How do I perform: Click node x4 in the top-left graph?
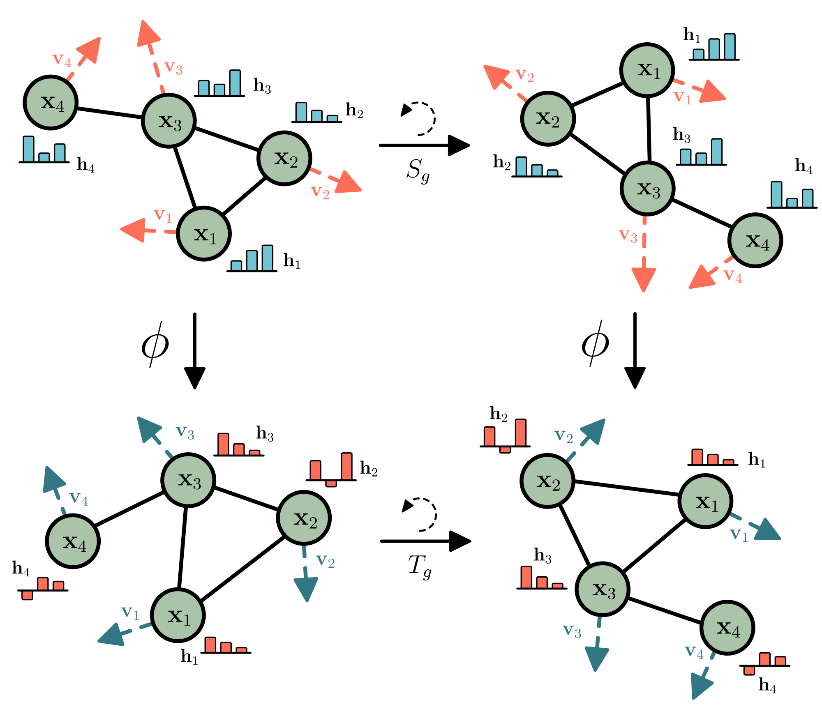[51, 102]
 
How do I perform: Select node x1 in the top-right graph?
[647, 70]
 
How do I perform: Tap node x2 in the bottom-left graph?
[304, 518]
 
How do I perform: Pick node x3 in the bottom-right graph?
[603, 589]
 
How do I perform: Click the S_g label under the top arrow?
[418, 170]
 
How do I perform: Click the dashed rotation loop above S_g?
[421, 117]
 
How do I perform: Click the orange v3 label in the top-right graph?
[628, 236]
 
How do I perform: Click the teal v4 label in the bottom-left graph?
[79, 498]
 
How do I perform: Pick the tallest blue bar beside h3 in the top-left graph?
[235, 83]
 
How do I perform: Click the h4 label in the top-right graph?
[804, 166]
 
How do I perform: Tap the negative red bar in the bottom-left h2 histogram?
[331, 483]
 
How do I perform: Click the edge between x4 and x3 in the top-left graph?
[109, 113]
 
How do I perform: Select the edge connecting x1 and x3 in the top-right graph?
[649, 129]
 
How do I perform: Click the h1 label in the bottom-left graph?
[189, 656]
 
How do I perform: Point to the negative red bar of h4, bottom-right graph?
[749, 670]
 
